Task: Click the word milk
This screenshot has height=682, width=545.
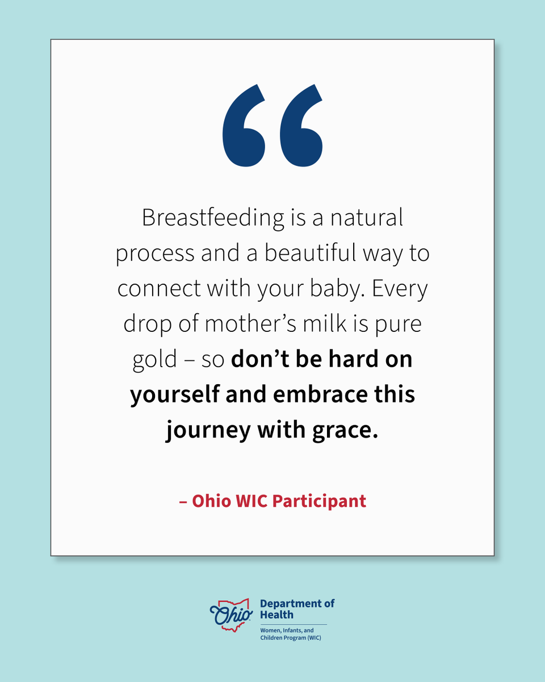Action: (319, 324)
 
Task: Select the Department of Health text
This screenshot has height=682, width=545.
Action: (297, 609)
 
